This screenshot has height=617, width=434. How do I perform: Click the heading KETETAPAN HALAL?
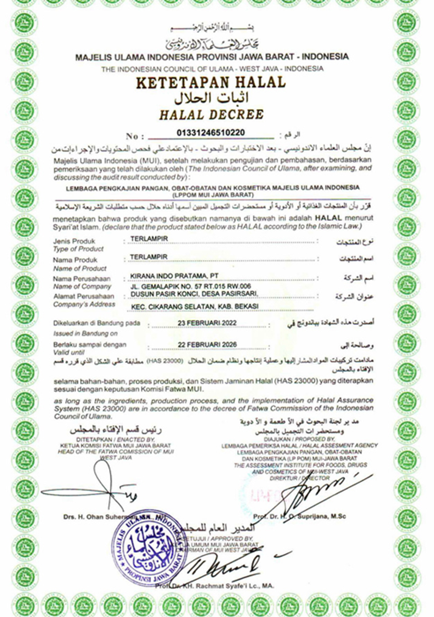(210, 82)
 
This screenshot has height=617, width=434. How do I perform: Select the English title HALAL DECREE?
(211, 114)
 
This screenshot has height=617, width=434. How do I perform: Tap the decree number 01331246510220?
(210, 132)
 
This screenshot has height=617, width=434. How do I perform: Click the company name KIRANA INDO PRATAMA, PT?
(174, 276)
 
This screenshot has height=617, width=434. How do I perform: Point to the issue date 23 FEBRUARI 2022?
(207, 323)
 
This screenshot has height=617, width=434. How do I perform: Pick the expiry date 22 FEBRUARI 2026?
(207, 344)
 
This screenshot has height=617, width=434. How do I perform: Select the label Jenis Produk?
(74, 241)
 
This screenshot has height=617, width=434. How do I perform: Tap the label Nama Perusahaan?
(81, 278)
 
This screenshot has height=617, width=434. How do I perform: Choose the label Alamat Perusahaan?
(83, 296)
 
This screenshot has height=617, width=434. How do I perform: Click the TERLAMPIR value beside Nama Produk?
(149, 257)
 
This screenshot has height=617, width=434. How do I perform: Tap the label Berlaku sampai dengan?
(90, 344)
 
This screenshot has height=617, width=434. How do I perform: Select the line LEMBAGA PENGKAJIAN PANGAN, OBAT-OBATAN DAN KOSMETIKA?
(212, 187)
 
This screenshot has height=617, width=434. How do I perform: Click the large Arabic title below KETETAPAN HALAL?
(212, 97)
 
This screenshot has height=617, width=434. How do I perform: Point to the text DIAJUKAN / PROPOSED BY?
(299, 439)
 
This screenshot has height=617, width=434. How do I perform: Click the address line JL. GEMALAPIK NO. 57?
(190, 286)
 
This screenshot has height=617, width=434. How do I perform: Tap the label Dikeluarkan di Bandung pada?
(97, 323)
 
